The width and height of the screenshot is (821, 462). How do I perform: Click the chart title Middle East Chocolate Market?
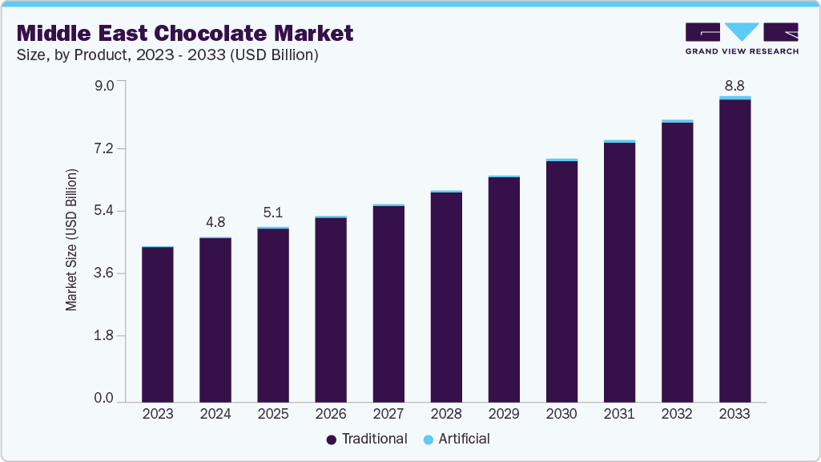point(185,34)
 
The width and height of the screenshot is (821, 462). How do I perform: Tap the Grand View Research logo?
point(741,38)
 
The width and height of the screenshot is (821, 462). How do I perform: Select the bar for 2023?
point(158,324)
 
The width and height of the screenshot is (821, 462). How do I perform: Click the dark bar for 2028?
point(446,297)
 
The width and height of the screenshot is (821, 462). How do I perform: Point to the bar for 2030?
point(561,281)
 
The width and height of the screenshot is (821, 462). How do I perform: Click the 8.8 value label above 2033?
point(734,85)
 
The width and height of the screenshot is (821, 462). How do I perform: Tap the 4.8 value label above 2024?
point(215,222)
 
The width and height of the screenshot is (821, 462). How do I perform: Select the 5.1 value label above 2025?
point(273,213)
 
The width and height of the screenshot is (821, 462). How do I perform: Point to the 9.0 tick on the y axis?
point(105,86)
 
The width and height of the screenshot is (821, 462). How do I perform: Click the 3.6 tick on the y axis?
point(105,273)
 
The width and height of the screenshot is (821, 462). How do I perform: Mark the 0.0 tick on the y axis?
point(105,398)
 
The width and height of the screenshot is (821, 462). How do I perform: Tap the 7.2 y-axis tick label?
point(105,148)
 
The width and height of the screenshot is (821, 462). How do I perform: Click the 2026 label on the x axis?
point(331,414)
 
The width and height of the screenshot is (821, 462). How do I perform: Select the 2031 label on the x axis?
point(619,414)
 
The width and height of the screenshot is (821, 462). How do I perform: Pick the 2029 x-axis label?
point(504,414)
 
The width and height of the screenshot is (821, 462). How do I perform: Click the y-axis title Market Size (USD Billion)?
point(71,241)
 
